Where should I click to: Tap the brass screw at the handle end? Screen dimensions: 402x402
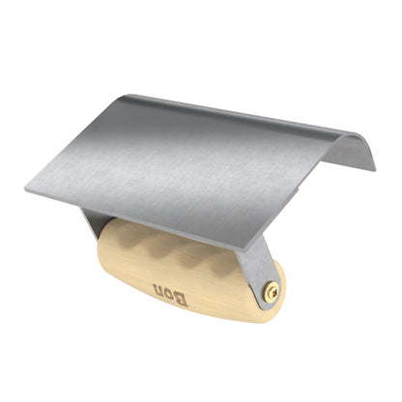[272, 288]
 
